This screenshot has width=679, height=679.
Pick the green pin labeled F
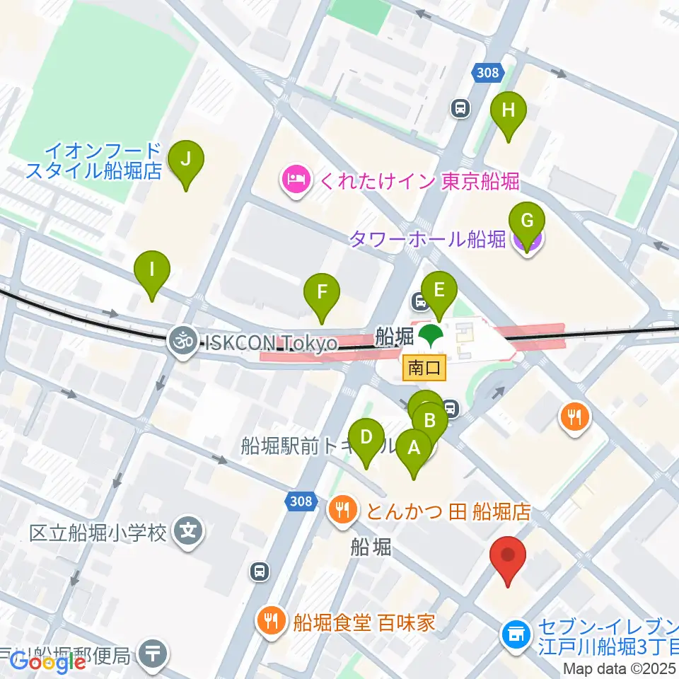pyautogui.click(x=322, y=291)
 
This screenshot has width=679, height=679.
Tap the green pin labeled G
pyautogui.click(x=527, y=221)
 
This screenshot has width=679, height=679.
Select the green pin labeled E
pyautogui.click(x=439, y=290)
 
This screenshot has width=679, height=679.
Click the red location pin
pyautogui.click(x=509, y=555)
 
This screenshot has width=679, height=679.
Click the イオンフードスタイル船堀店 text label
pyautogui.click(x=93, y=160)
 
